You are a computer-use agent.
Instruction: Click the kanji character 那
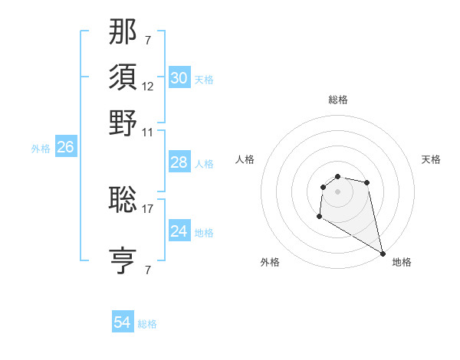point(123,31)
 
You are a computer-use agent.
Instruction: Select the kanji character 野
point(123,123)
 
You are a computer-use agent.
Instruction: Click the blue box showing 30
point(179,78)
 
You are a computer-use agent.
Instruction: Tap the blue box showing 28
point(179,163)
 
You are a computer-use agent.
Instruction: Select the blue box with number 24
point(179,231)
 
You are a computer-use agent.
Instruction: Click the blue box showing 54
point(123,323)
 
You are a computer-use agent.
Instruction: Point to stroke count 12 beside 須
point(148,86)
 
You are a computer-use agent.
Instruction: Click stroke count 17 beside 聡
point(148,208)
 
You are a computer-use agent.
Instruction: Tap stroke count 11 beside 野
point(148,132)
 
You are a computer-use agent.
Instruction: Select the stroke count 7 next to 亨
point(147,270)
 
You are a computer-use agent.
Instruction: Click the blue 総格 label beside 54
point(147,324)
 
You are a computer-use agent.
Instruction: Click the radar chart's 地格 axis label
point(402,262)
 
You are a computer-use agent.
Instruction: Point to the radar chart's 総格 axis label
point(337,100)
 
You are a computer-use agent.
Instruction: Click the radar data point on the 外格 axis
point(319,217)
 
